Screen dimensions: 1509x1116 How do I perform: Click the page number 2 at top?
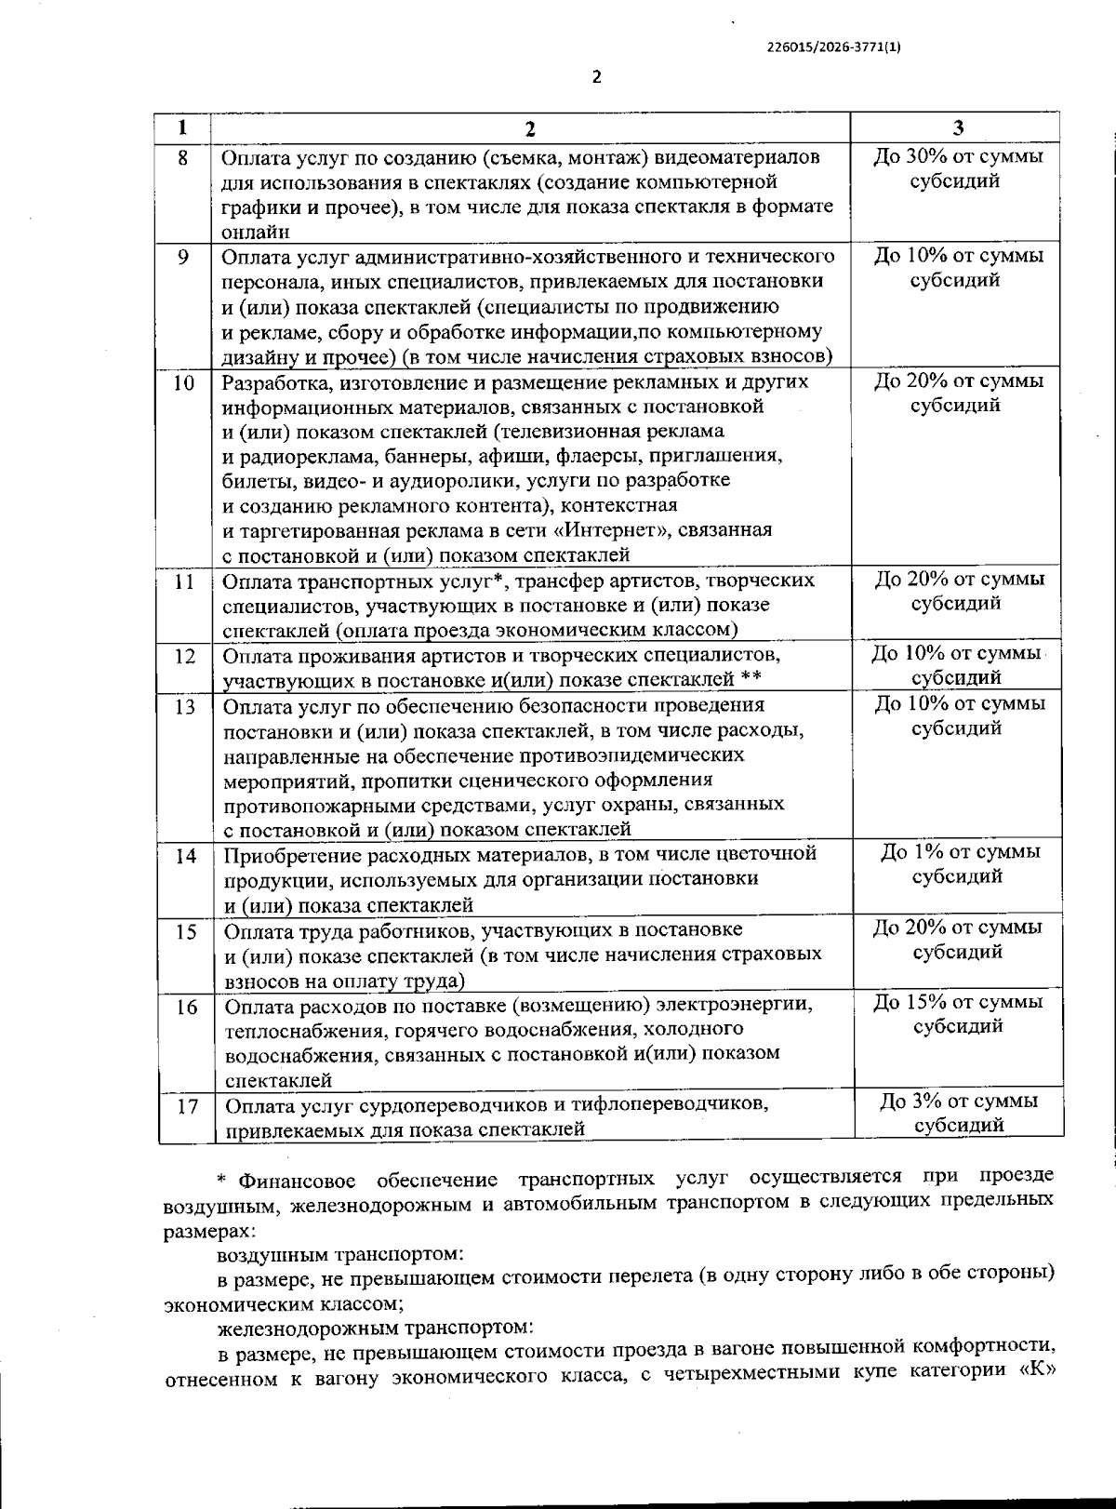(596, 77)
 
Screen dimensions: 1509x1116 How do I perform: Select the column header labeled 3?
(958, 127)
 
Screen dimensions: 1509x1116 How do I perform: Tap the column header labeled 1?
(182, 127)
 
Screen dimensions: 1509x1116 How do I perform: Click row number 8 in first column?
(182, 157)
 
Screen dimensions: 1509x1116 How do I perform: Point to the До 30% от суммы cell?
(958, 156)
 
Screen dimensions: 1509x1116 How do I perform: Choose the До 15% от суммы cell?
(958, 1002)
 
